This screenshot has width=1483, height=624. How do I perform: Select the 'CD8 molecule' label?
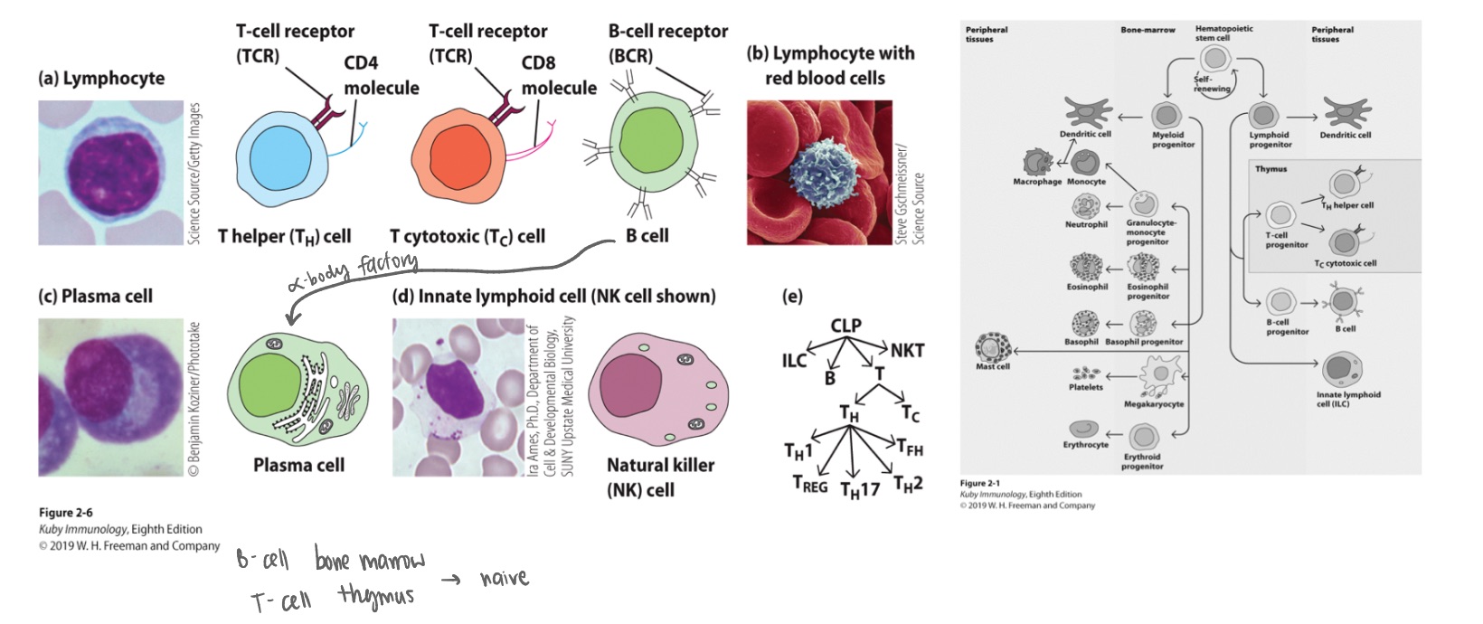click(558, 76)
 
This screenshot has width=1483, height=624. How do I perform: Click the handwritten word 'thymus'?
click(376, 596)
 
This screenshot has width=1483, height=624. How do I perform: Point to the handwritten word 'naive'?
click(503, 577)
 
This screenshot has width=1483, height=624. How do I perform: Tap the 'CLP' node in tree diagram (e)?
click(845, 326)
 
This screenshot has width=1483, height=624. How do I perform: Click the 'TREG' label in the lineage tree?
click(809, 485)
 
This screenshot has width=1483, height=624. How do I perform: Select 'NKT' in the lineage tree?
click(906, 350)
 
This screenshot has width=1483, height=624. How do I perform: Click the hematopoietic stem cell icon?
click(1213, 60)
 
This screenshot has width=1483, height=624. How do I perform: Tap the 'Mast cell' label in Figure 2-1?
click(992, 367)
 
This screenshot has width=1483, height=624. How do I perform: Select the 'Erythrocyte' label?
click(1085, 445)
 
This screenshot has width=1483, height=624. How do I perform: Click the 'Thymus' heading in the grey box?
click(1270, 169)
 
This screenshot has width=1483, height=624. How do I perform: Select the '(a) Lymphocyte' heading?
click(101, 79)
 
